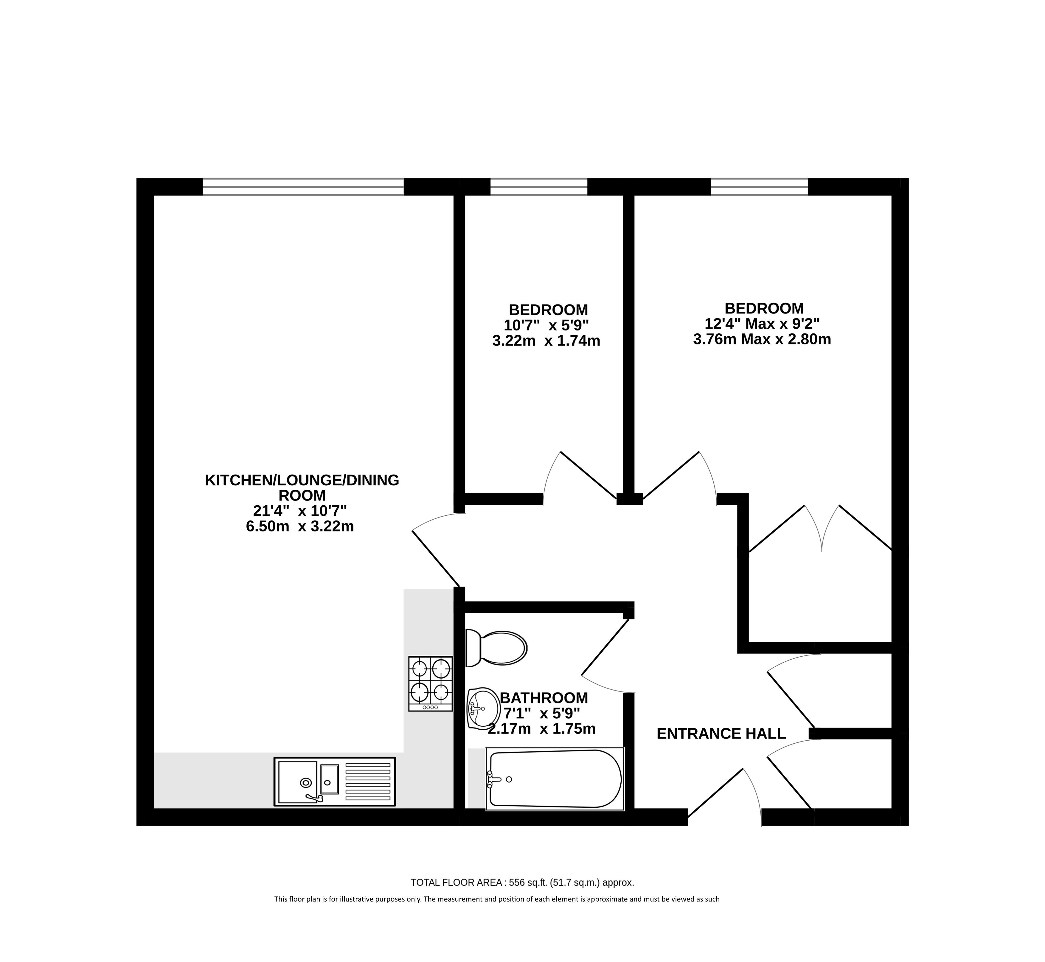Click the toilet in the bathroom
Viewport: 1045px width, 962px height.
tap(496, 648)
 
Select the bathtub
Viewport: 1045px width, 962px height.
tap(555, 779)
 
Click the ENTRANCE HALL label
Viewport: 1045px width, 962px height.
tap(721, 734)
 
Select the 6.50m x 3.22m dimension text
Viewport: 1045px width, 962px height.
tap(300, 526)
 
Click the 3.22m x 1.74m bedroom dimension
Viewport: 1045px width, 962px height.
tap(546, 341)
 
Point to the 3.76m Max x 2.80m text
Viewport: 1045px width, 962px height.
tap(762, 339)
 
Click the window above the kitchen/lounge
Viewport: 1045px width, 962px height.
tap(303, 187)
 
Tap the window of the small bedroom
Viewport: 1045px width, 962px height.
tap(539, 187)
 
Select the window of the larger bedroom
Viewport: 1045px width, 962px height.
tap(760, 187)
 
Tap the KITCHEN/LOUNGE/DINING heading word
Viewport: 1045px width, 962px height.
tap(302, 480)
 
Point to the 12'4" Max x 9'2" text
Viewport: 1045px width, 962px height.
tap(762, 324)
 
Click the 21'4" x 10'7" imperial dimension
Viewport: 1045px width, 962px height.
tap(300, 511)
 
